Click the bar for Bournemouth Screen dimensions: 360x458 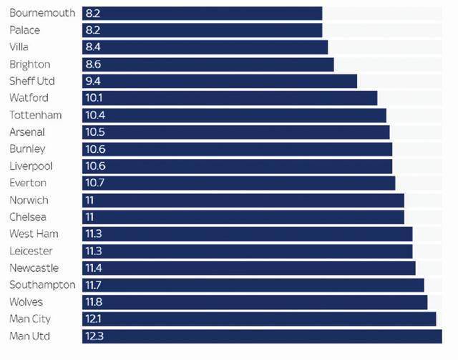[202, 13]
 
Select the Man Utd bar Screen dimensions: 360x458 [262, 336]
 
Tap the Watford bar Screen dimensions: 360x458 [230, 98]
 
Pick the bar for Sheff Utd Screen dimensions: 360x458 [219, 81]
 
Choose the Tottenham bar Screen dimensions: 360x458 [234, 115]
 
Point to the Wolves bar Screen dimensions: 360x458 [255, 302]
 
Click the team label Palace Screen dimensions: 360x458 [25, 30]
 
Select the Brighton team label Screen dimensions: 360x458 [29, 64]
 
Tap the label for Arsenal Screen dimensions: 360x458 [27, 132]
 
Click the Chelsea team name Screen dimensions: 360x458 [29, 217]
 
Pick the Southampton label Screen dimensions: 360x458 [42, 285]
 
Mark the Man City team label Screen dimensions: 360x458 [30, 319]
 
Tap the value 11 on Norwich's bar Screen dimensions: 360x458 [89, 200]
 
